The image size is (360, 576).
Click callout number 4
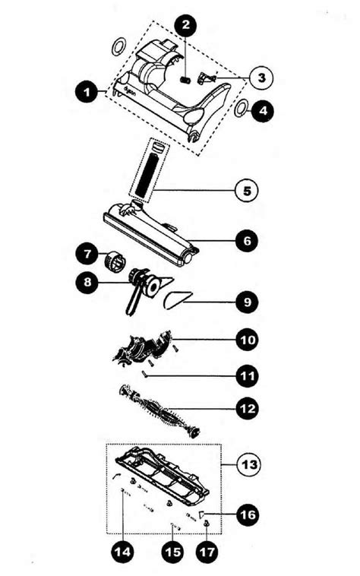pyautogui.click(x=263, y=110)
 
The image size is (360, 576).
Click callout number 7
pyautogui.click(x=87, y=251)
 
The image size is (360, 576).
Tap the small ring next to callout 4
pyautogui.click(x=241, y=109)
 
